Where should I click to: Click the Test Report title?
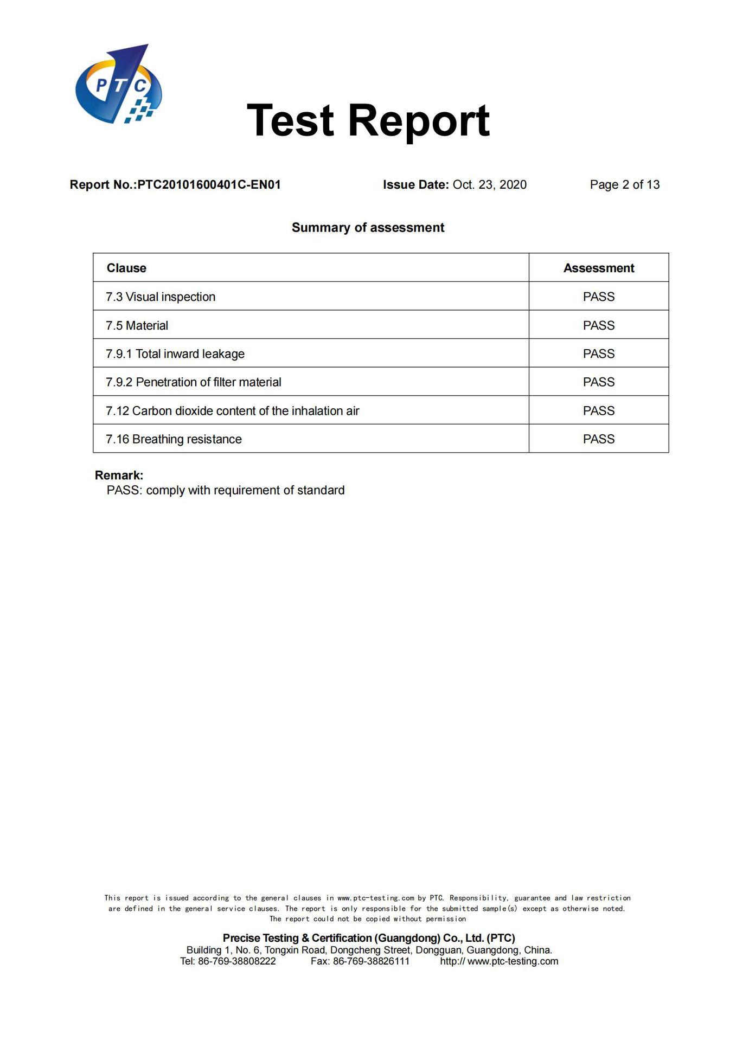[368, 120]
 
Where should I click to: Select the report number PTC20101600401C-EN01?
[209, 185]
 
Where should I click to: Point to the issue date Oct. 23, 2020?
[489, 185]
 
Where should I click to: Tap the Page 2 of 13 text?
[624, 185]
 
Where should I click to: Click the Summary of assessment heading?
[368, 228]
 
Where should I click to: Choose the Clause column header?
[126, 268]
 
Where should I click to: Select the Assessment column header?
[598, 268]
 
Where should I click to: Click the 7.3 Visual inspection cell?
[161, 297]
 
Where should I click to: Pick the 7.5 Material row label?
[137, 325]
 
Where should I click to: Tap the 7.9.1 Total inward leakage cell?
[175, 354]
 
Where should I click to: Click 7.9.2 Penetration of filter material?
[194, 382]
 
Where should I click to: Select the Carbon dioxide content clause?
[233, 411]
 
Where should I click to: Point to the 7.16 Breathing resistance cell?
[174, 439]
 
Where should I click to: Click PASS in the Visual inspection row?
[598, 297]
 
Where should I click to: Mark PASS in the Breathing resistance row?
[598, 439]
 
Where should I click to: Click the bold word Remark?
[119, 475]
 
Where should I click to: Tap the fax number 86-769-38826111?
[371, 961]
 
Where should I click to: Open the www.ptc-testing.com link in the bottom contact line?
[513, 961]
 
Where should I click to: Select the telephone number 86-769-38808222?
[237, 961]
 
